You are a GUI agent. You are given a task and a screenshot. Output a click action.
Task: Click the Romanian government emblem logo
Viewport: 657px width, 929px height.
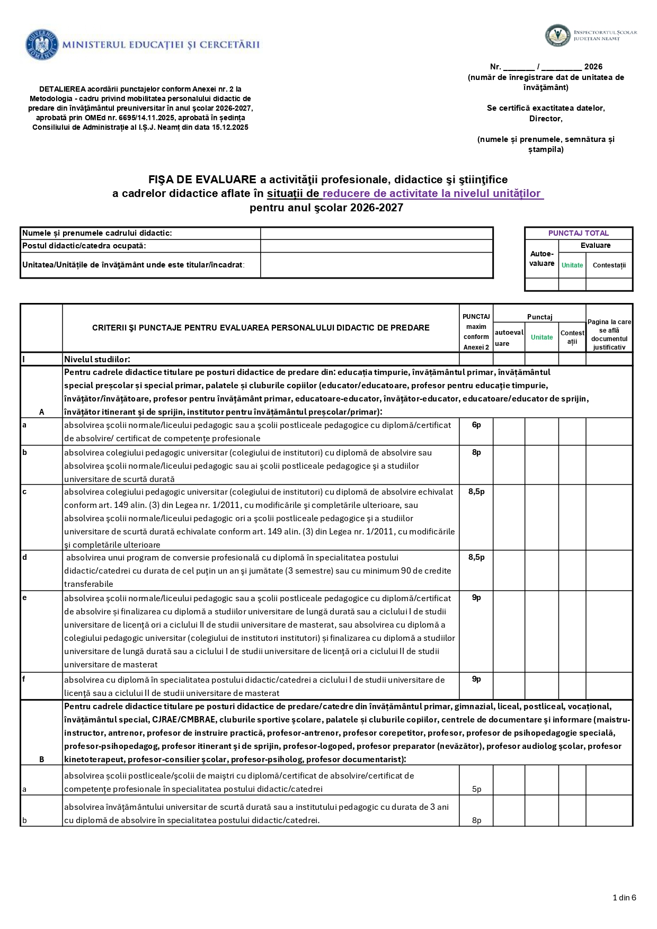click(x=41, y=44)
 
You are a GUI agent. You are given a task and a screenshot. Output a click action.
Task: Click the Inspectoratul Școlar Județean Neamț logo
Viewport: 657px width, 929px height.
click(x=557, y=35)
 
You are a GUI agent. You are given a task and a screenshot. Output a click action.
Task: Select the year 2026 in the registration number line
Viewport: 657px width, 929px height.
click(x=593, y=67)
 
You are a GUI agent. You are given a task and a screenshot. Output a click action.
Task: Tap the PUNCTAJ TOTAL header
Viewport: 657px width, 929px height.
click(x=578, y=233)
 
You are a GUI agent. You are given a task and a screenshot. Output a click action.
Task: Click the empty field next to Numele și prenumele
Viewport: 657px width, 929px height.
click(x=376, y=233)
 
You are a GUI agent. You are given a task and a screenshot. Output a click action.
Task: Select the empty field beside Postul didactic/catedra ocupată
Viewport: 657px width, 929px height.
click(x=376, y=246)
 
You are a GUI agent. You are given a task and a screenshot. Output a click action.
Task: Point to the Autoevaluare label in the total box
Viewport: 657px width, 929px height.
click(x=541, y=258)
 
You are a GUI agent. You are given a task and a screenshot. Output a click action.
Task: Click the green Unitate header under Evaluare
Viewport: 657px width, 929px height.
click(x=572, y=265)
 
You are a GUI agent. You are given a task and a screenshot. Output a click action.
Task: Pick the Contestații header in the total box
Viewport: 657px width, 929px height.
click(x=609, y=265)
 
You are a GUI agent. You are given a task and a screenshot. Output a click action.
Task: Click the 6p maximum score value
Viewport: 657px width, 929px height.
click(x=476, y=425)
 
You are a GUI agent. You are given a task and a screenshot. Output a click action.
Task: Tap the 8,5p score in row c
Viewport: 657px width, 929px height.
click(x=476, y=492)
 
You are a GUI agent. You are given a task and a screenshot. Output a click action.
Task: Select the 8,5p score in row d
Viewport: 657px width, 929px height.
click(x=476, y=557)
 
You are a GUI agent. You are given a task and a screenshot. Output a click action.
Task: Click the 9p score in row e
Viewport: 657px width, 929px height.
click(x=476, y=597)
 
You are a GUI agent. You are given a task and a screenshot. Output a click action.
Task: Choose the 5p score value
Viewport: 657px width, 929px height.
click(x=476, y=789)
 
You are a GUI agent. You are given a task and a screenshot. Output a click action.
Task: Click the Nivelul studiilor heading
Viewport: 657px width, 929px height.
click(x=97, y=359)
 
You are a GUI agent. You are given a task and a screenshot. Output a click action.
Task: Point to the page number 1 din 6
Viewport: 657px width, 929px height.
click(x=624, y=897)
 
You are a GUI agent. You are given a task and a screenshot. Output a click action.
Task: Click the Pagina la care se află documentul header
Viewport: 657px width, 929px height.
click(x=609, y=334)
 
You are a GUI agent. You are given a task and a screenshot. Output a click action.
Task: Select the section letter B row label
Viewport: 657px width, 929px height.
click(x=42, y=759)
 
